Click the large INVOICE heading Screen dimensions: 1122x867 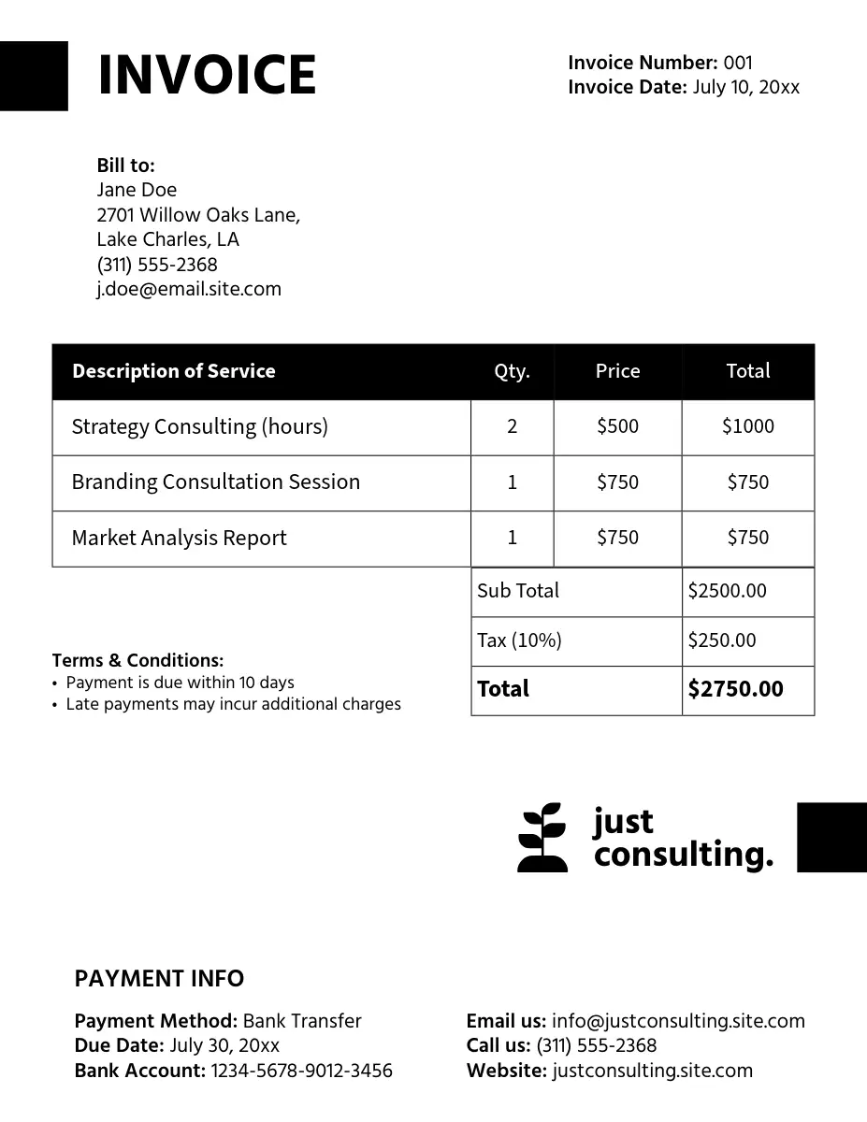click(207, 76)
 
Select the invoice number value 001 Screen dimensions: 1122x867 click(738, 63)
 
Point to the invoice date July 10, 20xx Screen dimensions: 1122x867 click(746, 88)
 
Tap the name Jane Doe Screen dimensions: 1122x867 click(137, 190)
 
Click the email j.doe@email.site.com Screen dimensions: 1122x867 click(189, 289)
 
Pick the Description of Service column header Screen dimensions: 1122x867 click(173, 371)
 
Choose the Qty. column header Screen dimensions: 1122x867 click(512, 371)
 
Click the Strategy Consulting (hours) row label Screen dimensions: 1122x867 click(199, 426)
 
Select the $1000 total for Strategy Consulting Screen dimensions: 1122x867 click(747, 426)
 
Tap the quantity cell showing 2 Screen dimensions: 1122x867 click(512, 426)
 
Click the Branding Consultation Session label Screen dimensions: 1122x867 click(215, 482)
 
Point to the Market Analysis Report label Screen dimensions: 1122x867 click(179, 538)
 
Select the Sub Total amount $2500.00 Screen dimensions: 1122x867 click(727, 591)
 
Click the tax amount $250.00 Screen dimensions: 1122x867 click(721, 640)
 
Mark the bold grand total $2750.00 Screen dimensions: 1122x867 click(735, 689)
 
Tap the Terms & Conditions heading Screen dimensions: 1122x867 click(137, 660)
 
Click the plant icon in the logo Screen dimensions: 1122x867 click(542, 837)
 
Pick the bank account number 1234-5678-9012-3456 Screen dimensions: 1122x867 click(301, 1071)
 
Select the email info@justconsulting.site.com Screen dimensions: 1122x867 click(678, 1021)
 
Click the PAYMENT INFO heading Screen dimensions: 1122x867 click(159, 979)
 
